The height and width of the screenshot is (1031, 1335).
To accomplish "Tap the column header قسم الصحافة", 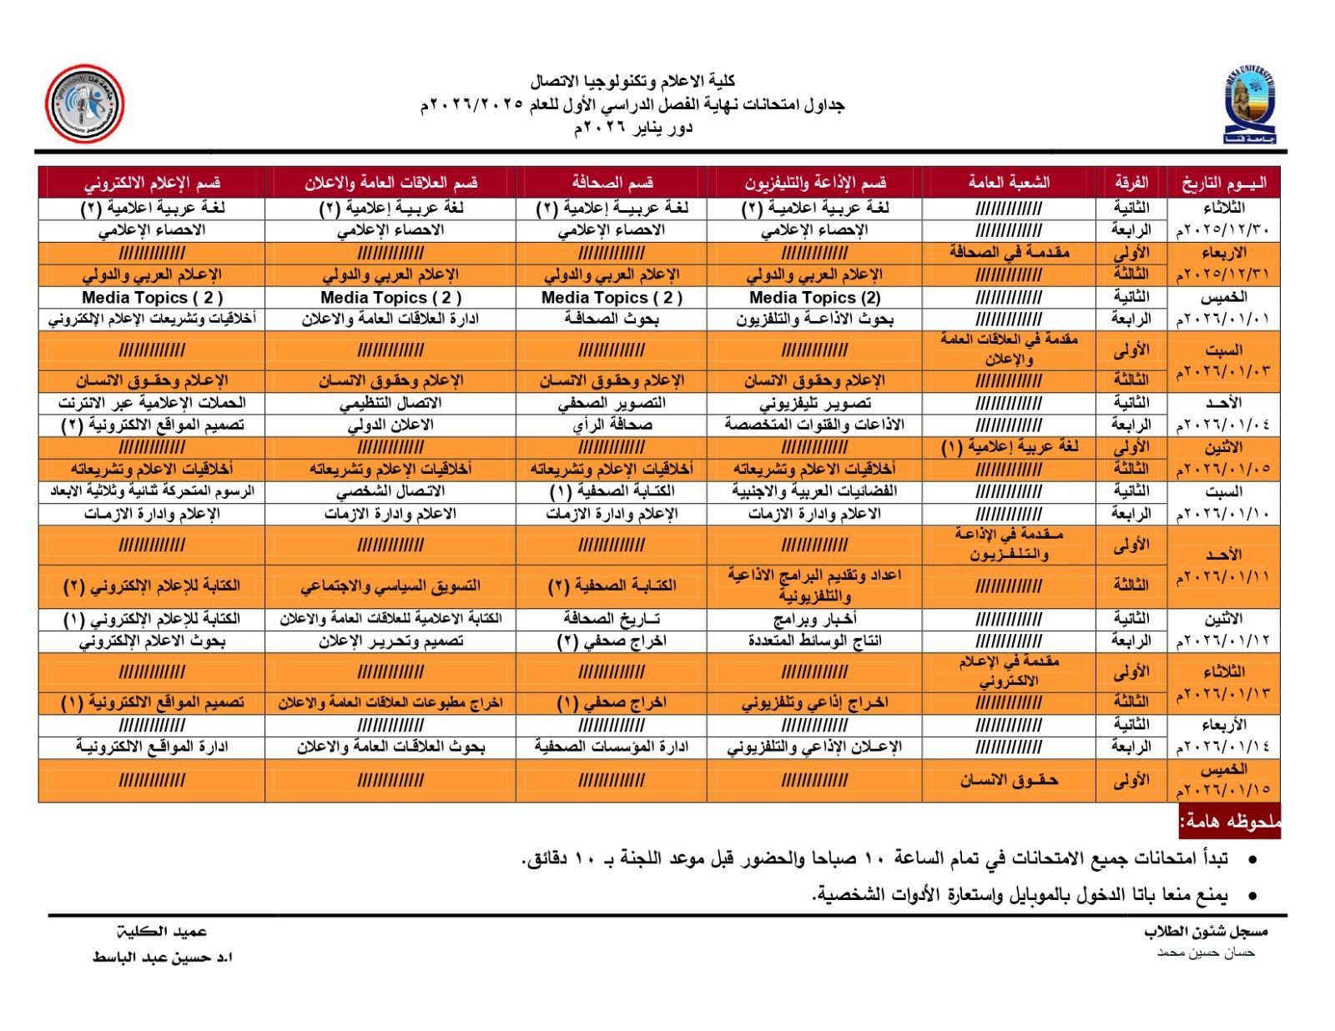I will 612,183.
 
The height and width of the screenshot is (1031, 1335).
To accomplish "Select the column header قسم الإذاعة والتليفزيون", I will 814,183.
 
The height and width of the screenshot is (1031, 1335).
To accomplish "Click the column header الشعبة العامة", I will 1009,183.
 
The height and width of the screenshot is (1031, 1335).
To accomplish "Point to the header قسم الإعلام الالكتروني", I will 152,183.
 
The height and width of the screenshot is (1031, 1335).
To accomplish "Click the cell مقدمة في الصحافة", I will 1009,252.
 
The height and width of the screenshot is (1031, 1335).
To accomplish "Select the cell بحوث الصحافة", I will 612,319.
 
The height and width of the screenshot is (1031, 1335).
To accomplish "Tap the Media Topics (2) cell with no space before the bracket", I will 814,297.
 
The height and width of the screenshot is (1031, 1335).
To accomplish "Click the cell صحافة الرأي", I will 612,425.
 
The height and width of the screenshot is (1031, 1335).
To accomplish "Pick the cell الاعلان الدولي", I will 390,425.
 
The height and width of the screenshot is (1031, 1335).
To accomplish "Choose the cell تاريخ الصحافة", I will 612,619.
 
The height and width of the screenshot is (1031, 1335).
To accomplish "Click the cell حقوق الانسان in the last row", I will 1009,781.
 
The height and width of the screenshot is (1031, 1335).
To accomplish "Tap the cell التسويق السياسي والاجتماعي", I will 390,586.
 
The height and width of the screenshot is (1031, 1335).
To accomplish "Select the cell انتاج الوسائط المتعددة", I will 814,641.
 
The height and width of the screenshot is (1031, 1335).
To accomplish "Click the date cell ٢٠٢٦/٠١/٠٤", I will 1223,425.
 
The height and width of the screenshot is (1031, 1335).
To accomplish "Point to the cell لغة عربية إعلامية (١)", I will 1009,447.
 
